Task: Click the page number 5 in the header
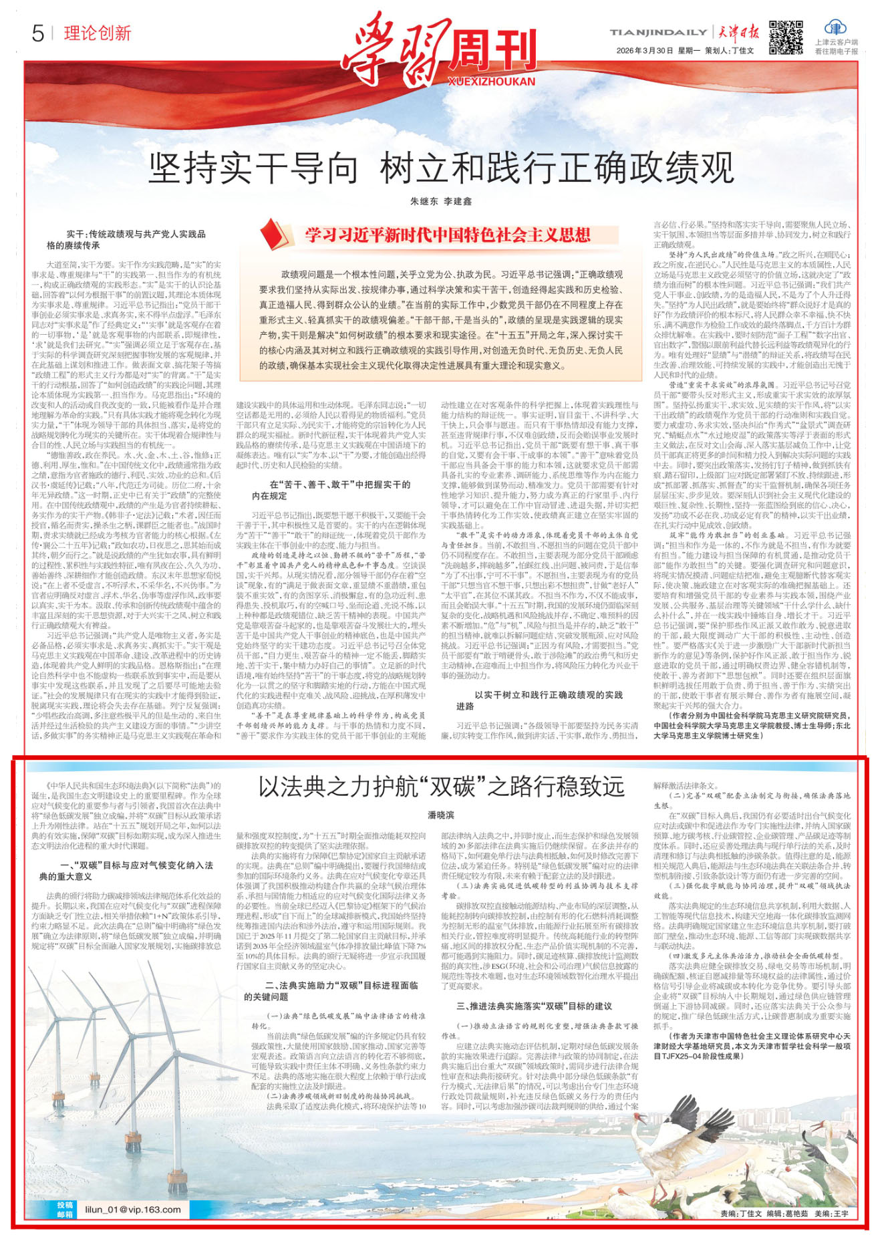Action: pos(37,33)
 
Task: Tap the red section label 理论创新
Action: pos(98,33)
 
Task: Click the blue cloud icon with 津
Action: pos(835,28)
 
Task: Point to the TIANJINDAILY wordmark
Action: pos(657,32)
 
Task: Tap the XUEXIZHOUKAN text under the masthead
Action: pos(491,82)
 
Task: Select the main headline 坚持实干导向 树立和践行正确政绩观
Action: pos(441,168)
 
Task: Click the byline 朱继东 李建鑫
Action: pos(441,201)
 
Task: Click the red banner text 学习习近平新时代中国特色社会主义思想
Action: pos(448,235)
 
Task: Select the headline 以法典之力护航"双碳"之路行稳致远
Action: pos(441,787)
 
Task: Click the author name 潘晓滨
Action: pos(441,815)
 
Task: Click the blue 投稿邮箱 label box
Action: pos(64,1209)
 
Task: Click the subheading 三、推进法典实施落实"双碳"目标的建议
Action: pos(535,1006)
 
